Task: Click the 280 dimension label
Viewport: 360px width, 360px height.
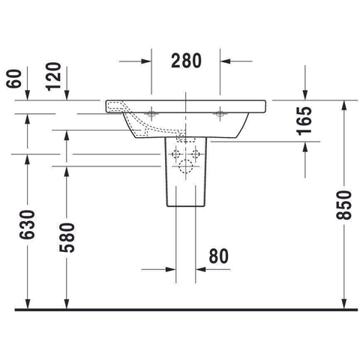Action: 186,61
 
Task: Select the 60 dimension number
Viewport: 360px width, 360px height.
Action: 14,79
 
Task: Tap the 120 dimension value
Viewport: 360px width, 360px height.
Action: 53,76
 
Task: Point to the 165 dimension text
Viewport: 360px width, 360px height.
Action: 304,121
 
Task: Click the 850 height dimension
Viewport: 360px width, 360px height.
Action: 343,205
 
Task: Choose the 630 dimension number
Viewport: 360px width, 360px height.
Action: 27,225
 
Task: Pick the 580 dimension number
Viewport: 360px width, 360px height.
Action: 67,238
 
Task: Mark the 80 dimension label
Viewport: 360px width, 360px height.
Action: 219,256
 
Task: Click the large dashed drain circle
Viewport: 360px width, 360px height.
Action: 185,166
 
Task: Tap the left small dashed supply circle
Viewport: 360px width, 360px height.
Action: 176,154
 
